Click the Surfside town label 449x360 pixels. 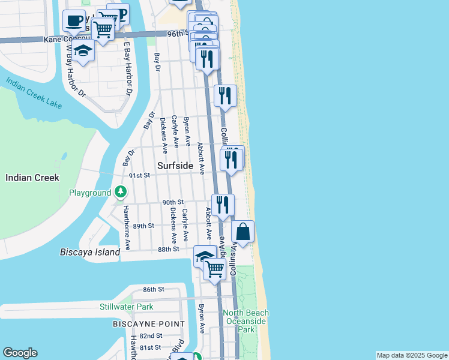click(175, 165)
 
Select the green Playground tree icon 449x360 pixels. click(121, 192)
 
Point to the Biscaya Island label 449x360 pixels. click(90, 252)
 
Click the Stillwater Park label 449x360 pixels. click(126, 307)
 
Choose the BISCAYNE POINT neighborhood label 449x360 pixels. click(149, 324)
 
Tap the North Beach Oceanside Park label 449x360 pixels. click(246, 321)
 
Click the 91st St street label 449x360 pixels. click(139, 176)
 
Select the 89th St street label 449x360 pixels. click(143, 226)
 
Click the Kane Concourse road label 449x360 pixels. click(66, 39)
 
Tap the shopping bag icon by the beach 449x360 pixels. click(243, 232)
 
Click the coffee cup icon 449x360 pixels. click(74, 22)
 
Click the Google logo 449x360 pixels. click(20, 353)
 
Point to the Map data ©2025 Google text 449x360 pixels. click(412, 355)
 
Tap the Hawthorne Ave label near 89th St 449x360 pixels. click(127, 229)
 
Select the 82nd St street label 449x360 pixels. click(151, 336)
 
